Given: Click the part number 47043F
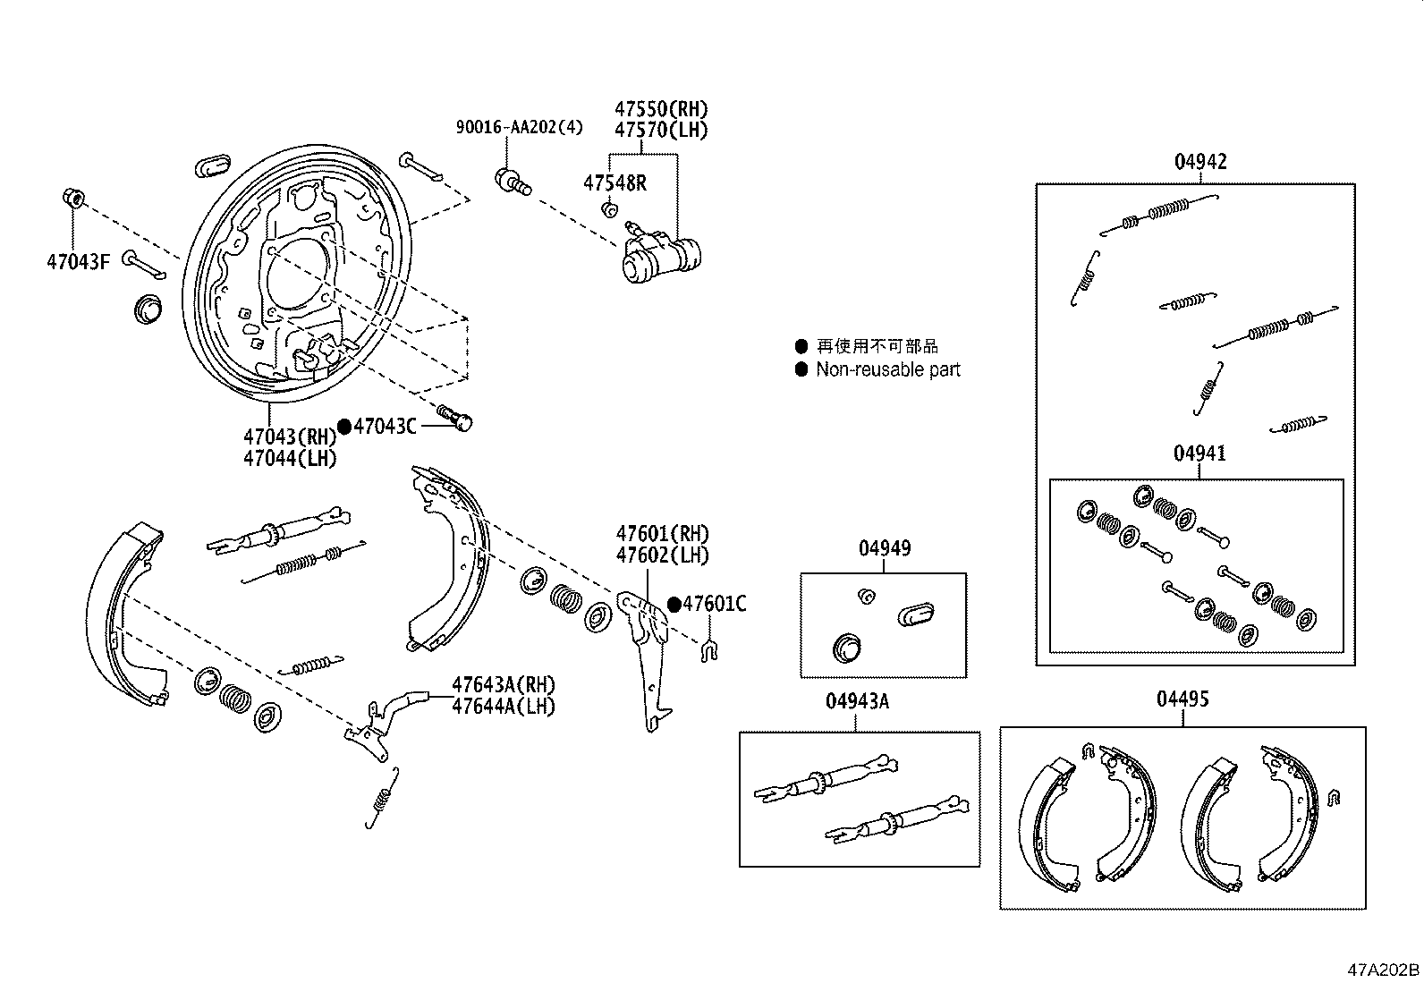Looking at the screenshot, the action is tap(78, 262).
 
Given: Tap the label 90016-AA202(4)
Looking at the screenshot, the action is tap(519, 127).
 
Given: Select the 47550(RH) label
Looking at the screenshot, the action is tap(661, 109).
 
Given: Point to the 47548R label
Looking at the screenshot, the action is tap(615, 183).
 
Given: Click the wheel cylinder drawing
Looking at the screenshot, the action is tap(661, 252).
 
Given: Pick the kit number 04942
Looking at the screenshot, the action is tap(1200, 162).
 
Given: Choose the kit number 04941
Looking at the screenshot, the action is tap(1199, 453).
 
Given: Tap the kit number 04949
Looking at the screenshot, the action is tap(885, 548).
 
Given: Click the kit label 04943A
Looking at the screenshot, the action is tap(857, 701).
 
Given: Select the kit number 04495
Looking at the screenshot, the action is tap(1182, 699).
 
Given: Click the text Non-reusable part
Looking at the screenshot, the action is tap(888, 369).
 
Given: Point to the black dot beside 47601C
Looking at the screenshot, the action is tap(674, 604).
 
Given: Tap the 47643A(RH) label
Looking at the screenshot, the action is tap(504, 685).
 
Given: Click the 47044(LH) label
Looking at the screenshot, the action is tap(290, 459).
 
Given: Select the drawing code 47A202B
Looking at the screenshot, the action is tap(1384, 970).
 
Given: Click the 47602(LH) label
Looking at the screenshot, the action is tap(663, 555).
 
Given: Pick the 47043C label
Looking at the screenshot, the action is tap(385, 426).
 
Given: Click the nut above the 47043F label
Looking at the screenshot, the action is tap(73, 198).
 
